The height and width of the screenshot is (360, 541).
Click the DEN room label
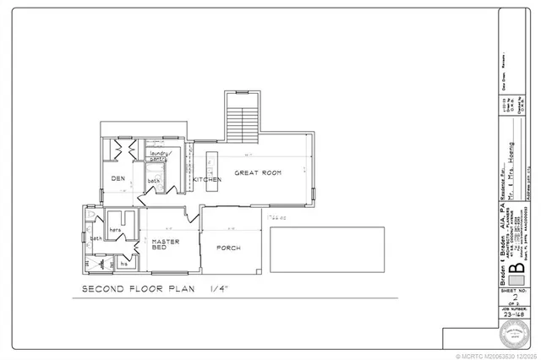point(117,179)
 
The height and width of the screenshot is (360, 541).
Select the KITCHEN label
point(206,180)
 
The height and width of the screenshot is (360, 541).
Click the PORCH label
point(228,248)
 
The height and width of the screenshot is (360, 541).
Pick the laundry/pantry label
point(161,155)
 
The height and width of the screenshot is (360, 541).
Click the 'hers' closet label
point(116,230)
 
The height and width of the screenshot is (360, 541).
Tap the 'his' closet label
point(123,264)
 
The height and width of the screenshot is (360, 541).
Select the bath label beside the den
point(154,180)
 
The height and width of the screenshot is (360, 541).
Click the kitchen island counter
point(211,161)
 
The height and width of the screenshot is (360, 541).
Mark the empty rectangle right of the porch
point(326,250)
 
